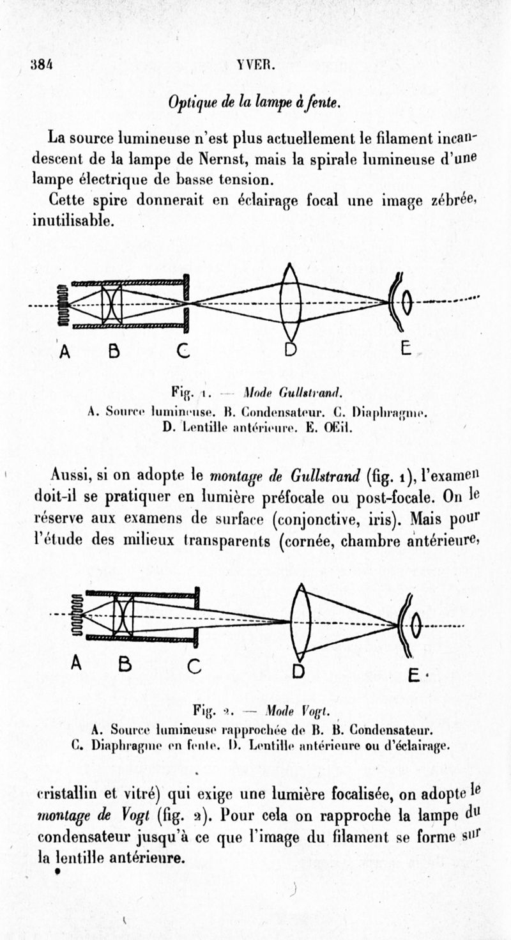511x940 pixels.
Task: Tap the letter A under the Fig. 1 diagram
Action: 65,351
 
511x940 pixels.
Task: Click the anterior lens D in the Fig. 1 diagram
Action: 291,302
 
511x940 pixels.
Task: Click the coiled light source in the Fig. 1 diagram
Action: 62,304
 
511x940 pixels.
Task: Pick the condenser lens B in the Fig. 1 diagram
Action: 112,304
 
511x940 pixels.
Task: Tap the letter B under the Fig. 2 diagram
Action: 125,665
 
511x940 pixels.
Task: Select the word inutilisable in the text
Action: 73,221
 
